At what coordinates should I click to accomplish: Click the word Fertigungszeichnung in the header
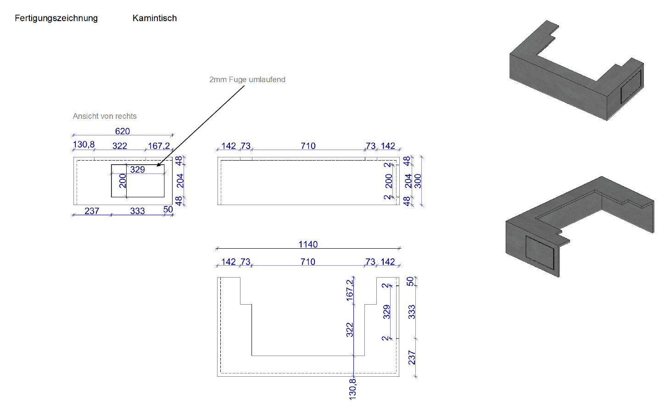[x=56, y=18]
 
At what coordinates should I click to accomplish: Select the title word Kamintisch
[x=155, y=18]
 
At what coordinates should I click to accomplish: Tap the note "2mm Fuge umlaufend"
[x=247, y=79]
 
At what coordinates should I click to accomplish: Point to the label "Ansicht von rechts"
[x=105, y=116]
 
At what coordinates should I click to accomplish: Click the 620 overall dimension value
[x=123, y=131]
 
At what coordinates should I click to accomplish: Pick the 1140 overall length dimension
[x=308, y=245]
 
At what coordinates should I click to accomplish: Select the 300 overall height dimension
[x=418, y=181]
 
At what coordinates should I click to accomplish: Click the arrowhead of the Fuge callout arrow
[x=158, y=165]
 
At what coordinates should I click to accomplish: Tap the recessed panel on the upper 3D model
[x=631, y=87]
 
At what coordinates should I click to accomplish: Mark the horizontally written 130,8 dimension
[x=84, y=145]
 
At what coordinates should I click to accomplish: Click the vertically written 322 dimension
[x=350, y=330]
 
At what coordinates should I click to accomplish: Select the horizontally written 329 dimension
[x=137, y=170]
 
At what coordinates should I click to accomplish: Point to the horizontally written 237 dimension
[x=92, y=211]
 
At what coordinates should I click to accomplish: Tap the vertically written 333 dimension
[x=412, y=312]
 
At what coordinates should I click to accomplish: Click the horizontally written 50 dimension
[x=168, y=210]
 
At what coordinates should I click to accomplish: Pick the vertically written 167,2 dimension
[x=350, y=290]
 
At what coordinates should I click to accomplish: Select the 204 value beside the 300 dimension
[x=408, y=181]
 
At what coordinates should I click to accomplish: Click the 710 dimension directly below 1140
[x=308, y=262]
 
